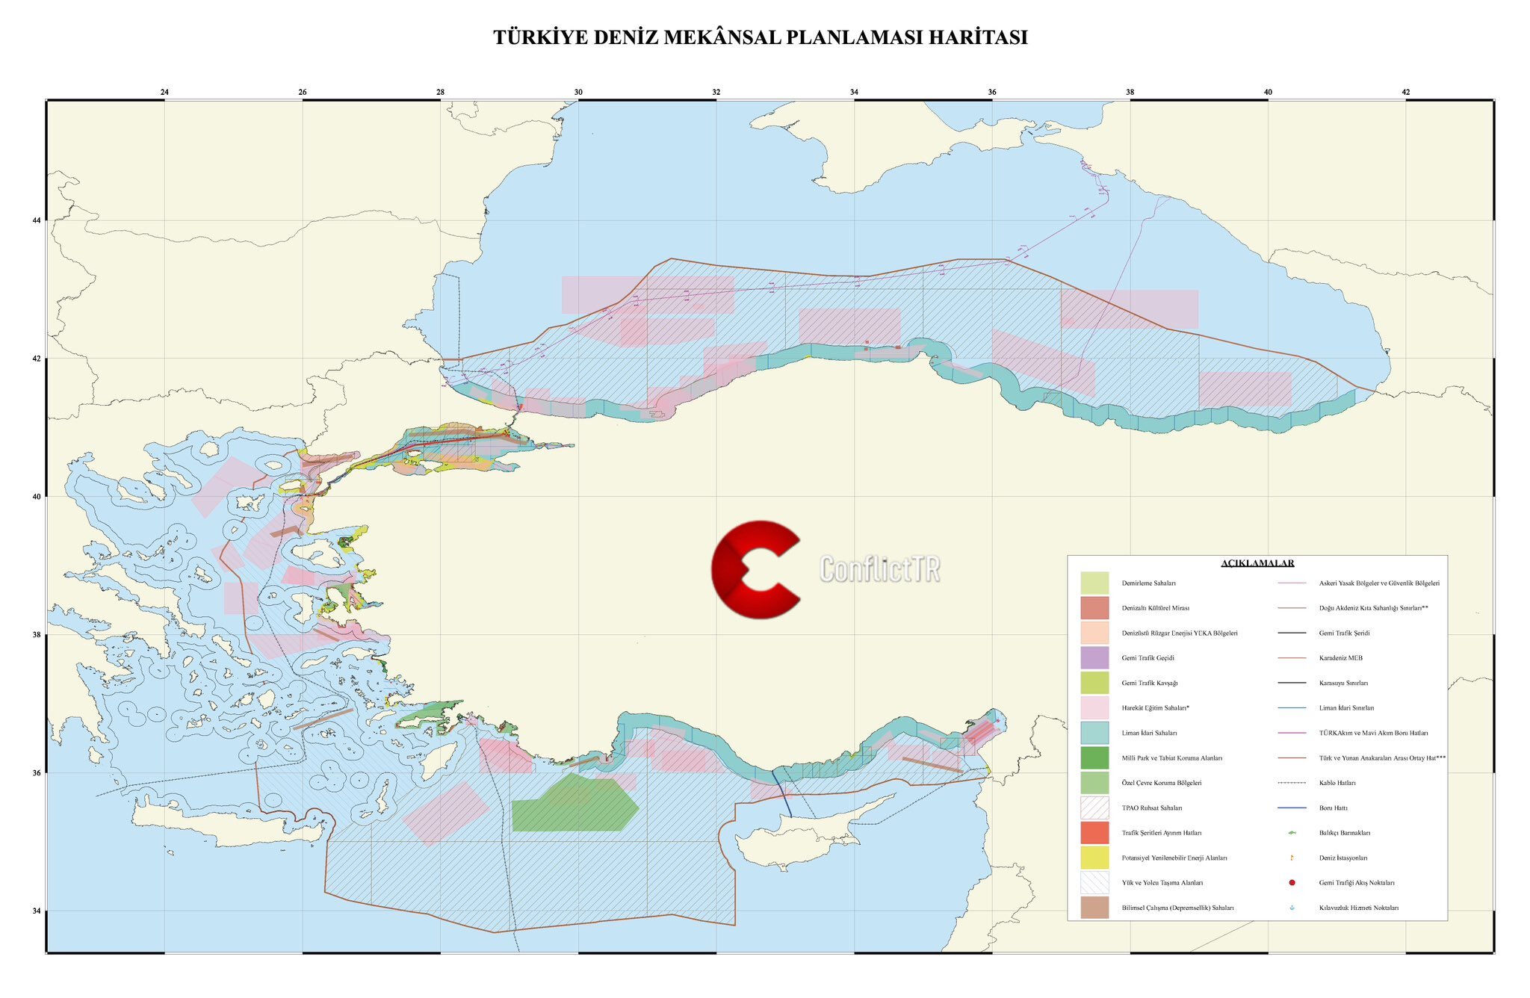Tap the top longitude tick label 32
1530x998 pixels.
(716, 92)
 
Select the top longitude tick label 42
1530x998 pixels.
(1405, 92)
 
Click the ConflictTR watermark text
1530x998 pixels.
(879, 569)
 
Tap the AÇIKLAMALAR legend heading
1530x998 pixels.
(1257, 563)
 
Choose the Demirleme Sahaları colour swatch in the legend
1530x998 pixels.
(1094, 583)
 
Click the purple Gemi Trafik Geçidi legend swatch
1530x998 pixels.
(1094, 657)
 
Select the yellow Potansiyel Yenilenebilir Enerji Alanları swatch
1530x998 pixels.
(1094, 858)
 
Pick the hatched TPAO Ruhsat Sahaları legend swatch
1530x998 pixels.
(1094, 808)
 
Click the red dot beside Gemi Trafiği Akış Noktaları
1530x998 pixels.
(1292, 883)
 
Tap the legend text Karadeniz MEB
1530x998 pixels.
(1340, 658)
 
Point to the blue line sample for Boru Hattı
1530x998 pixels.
(1292, 808)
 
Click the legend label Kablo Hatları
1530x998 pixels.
(1337, 783)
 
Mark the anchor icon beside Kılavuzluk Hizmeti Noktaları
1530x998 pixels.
(1292, 908)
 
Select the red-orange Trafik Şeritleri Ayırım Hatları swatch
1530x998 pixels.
(1094, 832)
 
